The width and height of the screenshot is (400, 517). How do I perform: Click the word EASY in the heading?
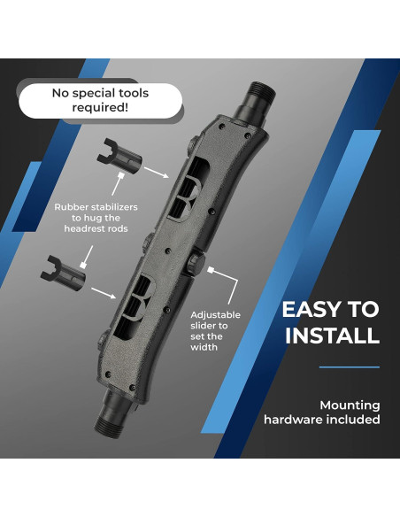click(x=312, y=309)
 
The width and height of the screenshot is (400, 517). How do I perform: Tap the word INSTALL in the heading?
click(x=332, y=336)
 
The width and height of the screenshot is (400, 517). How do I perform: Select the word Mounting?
click(x=350, y=405)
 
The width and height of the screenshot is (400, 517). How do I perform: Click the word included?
click(x=353, y=420)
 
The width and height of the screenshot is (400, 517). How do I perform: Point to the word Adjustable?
click(x=215, y=315)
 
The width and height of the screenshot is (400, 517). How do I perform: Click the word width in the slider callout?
click(x=204, y=347)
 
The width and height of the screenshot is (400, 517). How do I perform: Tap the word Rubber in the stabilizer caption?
click(x=71, y=207)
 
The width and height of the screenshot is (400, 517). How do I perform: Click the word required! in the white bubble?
click(x=100, y=107)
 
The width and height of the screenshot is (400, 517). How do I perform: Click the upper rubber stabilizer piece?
click(x=119, y=156)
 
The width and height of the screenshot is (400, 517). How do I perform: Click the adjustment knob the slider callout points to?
click(x=195, y=263)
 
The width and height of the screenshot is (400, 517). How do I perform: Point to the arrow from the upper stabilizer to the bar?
click(x=157, y=173)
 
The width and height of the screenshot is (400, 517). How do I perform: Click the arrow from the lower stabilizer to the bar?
click(x=104, y=293)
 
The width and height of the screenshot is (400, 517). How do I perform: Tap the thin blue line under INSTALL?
click(x=350, y=367)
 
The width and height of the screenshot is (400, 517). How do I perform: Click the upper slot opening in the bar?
click(x=188, y=188)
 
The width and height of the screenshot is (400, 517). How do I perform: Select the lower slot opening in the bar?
click(x=133, y=307)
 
